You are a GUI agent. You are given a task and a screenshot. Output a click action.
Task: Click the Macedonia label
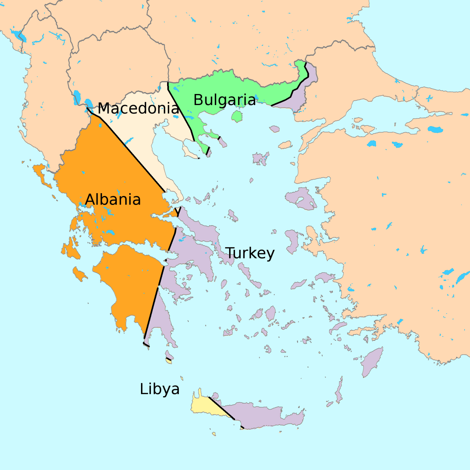pyautogui.click(x=138, y=108)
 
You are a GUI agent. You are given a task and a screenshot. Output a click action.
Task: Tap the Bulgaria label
pyautogui.click(x=224, y=100)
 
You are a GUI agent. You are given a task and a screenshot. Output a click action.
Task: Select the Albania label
pyautogui.click(x=113, y=199)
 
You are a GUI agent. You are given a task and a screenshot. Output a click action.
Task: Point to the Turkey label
pyautogui.click(x=250, y=253)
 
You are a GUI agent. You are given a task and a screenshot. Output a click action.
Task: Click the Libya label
pyautogui.click(x=160, y=389)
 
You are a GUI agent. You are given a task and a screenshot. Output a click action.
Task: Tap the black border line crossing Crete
pyautogui.click(x=221, y=408)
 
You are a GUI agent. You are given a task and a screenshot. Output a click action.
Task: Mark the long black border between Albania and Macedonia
pyautogui.click(x=132, y=154)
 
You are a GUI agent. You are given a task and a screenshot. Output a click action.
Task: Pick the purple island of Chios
pyautogui.click(x=292, y=241)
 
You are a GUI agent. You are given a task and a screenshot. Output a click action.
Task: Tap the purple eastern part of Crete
pyautogui.click(x=264, y=417)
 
